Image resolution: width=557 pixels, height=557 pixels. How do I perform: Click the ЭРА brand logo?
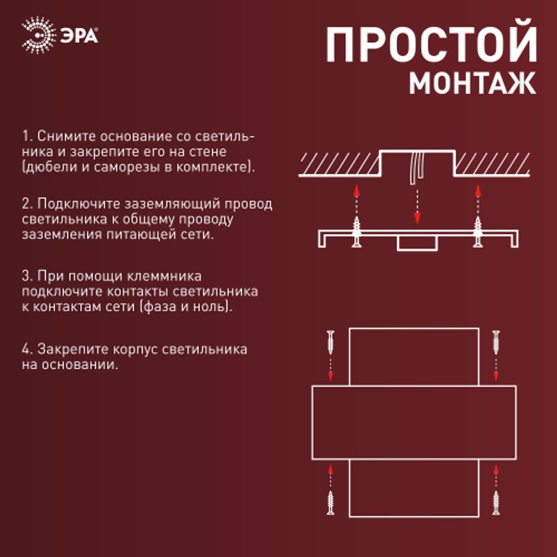pos(60,35)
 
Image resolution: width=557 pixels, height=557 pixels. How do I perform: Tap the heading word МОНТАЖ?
pos(473,83)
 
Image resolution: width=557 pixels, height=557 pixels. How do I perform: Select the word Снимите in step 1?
pos(60,137)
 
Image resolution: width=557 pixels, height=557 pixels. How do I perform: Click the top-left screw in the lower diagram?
pos(331,342)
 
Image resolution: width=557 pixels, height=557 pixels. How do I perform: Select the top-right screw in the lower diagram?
pos(496,342)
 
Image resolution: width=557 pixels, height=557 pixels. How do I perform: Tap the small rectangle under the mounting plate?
pos(417,243)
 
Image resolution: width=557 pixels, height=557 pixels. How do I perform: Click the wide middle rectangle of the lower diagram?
pos(414,422)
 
